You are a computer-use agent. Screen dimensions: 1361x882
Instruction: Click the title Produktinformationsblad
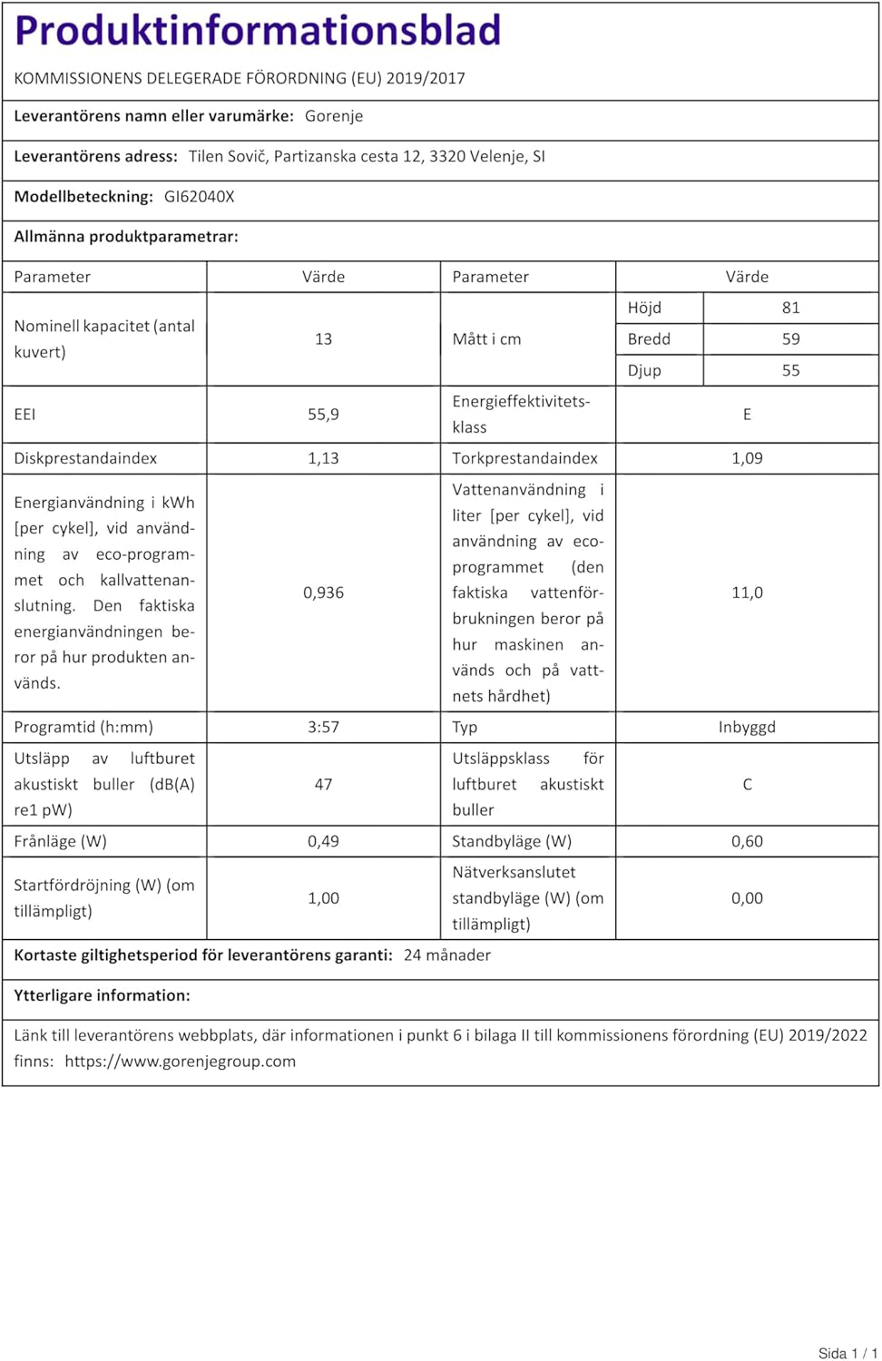(258, 31)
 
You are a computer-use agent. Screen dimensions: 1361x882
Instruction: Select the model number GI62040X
(199, 197)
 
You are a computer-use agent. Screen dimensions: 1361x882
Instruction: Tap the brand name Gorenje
(334, 116)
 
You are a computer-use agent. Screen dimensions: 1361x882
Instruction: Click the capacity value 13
(323, 339)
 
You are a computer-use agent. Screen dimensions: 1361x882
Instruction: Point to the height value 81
(790, 308)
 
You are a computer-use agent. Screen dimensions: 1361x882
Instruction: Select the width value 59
(790, 339)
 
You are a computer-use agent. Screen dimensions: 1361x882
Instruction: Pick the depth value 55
(790, 370)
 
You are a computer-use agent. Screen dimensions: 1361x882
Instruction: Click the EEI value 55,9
(323, 415)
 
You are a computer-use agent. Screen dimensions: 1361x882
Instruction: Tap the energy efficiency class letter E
(747, 415)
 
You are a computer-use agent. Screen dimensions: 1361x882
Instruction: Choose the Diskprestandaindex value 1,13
(323, 458)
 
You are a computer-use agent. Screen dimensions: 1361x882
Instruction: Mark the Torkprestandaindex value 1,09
(747, 458)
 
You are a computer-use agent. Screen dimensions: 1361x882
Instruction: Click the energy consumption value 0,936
(323, 592)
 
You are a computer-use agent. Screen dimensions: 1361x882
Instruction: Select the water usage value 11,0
(747, 592)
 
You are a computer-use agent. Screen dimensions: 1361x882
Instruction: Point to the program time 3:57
(323, 727)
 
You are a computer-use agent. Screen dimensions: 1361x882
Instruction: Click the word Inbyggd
(747, 727)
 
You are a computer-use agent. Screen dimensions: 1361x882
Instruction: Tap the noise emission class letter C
(747, 784)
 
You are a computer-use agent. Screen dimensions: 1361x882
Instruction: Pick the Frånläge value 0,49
(323, 841)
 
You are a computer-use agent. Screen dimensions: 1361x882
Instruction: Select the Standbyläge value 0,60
(747, 841)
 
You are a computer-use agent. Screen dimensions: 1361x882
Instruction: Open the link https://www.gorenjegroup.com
(180, 1062)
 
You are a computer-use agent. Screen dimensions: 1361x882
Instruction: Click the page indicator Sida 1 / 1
(848, 1353)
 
